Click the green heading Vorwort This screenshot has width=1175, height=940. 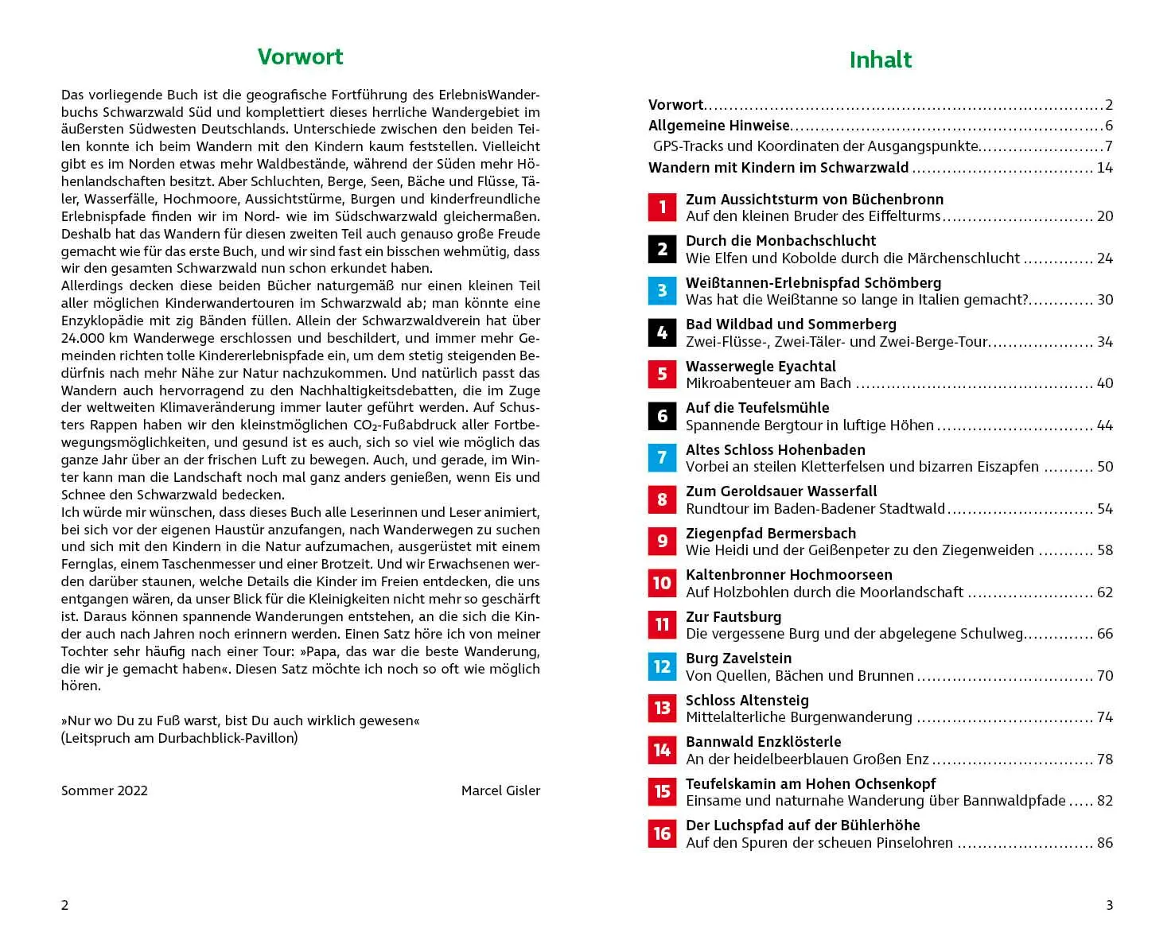coord(300,57)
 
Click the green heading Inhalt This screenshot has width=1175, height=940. coord(880,60)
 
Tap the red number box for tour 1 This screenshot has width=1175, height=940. coord(662,208)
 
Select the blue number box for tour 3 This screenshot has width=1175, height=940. coord(662,291)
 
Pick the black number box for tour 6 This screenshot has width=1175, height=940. coord(662,417)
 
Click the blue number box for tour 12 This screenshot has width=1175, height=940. coord(662,666)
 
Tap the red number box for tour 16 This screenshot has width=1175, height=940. coord(662,833)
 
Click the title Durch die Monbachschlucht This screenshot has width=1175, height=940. coord(780,241)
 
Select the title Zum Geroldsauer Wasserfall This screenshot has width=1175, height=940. coord(781,491)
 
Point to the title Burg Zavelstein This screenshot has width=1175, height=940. coord(738,658)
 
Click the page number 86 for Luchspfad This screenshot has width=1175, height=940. coord(1104,843)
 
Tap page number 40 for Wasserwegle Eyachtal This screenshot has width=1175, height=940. coord(1104,383)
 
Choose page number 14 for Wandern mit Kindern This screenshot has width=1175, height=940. coord(1104,168)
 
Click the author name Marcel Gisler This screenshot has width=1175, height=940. coord(500,790)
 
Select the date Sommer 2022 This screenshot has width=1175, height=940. coord(104,790)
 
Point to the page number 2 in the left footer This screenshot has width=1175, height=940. coord(65,905)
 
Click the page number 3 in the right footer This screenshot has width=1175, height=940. coord(1109,905)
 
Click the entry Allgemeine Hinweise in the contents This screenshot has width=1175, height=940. coord(718,126)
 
